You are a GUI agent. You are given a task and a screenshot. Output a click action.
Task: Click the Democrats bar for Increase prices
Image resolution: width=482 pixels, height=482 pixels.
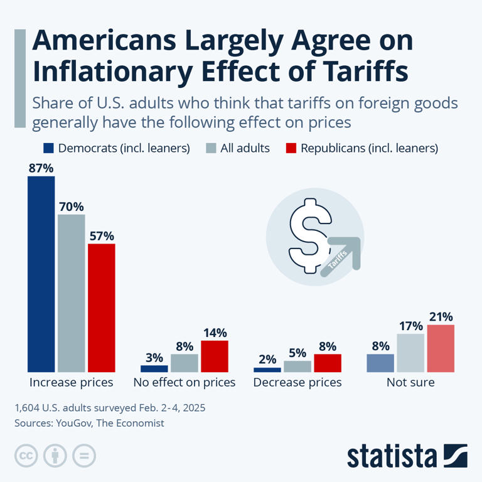(41, 274)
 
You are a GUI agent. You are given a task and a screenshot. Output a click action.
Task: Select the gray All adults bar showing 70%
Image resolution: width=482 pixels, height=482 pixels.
(71, 293)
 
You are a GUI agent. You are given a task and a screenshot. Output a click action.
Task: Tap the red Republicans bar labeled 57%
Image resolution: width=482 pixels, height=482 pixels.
(101, 308)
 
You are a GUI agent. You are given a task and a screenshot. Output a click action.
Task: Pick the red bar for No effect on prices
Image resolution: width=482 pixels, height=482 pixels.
(214, 356)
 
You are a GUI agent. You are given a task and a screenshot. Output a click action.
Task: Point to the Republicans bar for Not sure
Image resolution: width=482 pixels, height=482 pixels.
(440, 348)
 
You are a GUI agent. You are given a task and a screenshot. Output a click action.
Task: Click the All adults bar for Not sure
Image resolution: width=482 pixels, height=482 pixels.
(410, 353)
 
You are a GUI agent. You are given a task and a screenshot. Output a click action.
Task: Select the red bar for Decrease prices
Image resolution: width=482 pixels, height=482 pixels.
(327, 363)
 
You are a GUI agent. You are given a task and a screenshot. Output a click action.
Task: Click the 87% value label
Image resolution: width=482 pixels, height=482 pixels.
(41, 168)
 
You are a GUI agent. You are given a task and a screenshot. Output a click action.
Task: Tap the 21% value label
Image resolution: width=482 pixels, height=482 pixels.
(440, 316)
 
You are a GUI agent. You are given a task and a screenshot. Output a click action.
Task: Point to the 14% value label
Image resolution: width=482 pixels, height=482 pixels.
(214, 333)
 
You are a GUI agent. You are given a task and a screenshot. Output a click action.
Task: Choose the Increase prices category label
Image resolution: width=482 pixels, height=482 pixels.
(71, 382)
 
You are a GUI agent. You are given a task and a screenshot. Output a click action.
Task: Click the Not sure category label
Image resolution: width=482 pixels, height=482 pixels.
(410, 382)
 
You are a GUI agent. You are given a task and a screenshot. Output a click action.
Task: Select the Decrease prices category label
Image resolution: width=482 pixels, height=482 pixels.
(297, 382)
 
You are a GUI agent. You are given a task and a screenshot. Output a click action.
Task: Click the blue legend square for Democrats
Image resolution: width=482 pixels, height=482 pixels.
(48, 148)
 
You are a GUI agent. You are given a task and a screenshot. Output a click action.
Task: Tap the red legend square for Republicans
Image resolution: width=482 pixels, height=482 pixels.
(290, 148)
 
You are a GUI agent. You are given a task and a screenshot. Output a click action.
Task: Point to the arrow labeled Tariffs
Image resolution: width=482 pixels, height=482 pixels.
(342, 254)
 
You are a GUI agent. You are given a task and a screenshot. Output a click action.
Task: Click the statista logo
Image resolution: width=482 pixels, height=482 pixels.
(407, 454)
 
